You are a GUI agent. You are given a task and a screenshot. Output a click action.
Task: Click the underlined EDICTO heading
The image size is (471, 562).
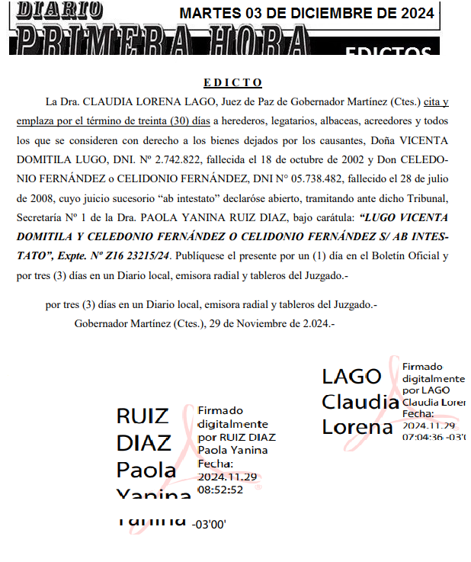click(x=232, y=82)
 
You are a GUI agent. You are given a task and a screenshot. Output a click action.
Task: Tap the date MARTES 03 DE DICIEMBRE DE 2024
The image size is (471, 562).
click(x=307, y=13)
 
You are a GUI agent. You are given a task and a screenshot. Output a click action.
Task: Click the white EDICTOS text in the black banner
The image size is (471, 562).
click(x=388, y=51)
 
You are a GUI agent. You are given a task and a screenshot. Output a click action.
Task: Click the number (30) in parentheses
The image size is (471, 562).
click(x=180, y=121)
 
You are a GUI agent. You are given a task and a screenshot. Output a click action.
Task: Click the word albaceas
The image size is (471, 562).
click(x=323, y=121)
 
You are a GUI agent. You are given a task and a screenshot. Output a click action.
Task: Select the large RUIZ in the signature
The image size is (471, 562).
click(x=143, y=416)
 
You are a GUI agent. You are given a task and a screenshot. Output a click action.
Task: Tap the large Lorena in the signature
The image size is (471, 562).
click(x=357, y=427)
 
